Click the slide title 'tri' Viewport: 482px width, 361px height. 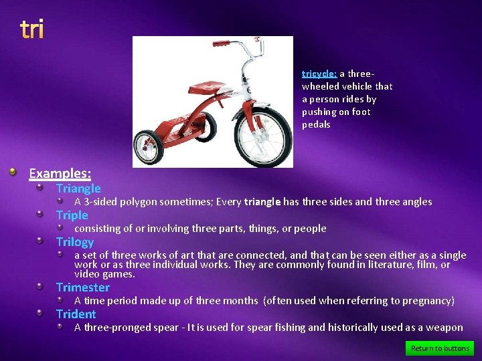(x=31, y=29)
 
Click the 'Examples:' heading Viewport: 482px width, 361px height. (x=60, y=174)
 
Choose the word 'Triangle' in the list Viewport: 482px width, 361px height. (x=78, y=189)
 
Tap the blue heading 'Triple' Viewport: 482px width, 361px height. (x=72, y=215)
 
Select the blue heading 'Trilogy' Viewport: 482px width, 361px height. (x=75, y=242)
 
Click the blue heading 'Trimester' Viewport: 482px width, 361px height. (x=83, y=287)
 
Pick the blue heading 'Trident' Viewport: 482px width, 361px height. (x=76, y=314)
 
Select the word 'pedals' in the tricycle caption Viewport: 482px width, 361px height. (x=316, y=124)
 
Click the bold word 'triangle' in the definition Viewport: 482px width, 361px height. (x=262, y=202)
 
